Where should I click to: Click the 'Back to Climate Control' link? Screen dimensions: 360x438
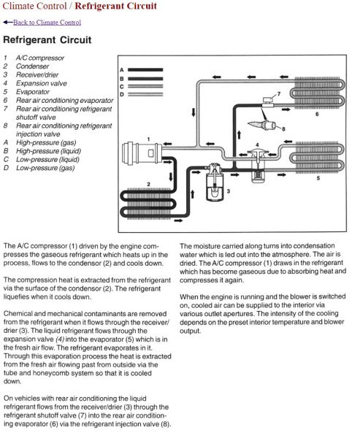click(47, 23)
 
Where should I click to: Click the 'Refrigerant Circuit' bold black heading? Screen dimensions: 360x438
click(47, 39)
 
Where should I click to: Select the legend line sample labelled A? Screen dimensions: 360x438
click(145, 69)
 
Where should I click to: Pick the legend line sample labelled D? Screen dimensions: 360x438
click(145, 94)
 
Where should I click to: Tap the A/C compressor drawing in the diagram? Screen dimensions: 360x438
click(142, 153)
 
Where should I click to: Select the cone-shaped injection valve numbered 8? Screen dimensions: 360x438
click(263, 125)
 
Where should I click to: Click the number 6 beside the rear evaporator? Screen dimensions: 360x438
click(317, 114)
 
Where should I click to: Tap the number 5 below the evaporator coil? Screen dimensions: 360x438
click(318, 178)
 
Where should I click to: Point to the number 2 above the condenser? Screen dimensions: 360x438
click(149, 185)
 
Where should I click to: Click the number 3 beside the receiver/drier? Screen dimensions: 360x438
click(229, 191)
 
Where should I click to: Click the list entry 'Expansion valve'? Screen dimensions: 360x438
click(42, 83)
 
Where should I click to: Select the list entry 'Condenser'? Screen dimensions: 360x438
click(32, 66)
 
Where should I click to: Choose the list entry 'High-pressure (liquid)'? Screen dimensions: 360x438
click(48, 151)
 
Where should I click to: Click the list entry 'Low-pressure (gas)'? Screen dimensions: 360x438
click(45, 168)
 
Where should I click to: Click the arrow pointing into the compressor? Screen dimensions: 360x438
click(167, 144)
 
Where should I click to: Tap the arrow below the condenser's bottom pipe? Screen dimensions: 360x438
click(178, 220)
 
